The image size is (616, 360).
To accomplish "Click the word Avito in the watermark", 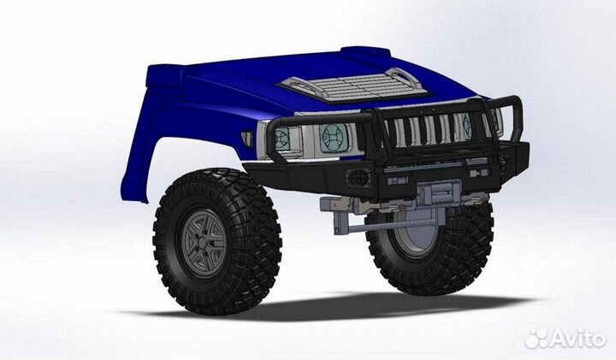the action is click(x=577, y=339).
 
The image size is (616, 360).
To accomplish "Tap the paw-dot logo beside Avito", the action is click(x=536, y=338).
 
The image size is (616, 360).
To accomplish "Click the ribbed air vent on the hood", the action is click(x=351, y=86).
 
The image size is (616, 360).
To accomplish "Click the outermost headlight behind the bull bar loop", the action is click(x=281, y=139).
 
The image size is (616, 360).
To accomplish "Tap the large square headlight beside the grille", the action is click(x=333, y=138).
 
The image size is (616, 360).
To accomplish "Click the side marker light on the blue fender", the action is click(x=246, y=138).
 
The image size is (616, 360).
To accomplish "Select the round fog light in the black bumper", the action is click(x=358, y=177).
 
